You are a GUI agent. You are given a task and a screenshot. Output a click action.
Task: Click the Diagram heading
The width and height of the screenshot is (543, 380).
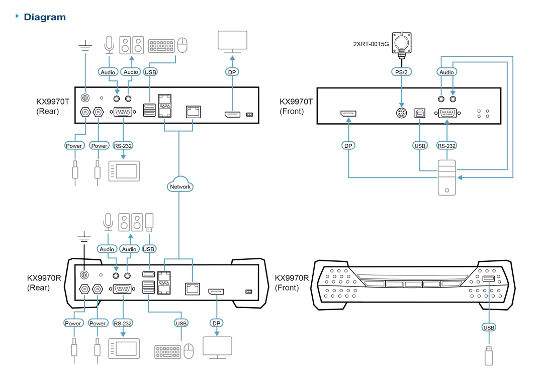coord(45,17)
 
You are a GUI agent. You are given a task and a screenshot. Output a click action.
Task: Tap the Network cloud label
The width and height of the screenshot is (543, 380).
coord(180,186)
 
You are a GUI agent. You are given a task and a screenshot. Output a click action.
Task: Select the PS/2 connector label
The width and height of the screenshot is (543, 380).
coord(401,72)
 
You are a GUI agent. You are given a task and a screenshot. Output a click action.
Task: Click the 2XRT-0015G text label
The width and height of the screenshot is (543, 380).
coord(371,44)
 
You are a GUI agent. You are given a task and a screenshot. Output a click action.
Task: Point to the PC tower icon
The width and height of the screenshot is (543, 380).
coord(447,177)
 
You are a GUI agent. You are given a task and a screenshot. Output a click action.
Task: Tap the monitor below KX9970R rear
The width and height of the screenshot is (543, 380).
coord(217,347)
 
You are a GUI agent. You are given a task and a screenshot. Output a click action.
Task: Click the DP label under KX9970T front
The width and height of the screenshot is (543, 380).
coord(348,146)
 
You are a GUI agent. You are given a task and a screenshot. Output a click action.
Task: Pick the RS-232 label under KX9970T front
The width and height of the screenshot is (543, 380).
coord(446,146)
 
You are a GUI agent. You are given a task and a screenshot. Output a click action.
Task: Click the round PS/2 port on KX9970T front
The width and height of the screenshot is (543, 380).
coord(401,113)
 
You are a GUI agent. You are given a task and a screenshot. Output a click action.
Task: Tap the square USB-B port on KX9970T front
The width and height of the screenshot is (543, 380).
coord(420,113)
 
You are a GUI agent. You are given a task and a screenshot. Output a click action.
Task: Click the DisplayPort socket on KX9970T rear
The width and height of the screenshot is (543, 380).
coord(232,114)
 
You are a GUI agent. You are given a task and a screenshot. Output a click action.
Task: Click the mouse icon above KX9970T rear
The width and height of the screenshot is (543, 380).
coord(183,45)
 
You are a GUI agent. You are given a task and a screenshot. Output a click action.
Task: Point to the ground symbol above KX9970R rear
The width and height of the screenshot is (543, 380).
coord(84,237)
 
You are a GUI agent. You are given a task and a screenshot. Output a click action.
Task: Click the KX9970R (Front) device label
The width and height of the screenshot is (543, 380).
coord(292,283)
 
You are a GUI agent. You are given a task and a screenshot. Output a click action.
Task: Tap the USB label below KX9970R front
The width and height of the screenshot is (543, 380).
coord(489,327)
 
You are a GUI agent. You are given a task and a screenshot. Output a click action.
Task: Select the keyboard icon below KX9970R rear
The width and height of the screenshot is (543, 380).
coord(167,352)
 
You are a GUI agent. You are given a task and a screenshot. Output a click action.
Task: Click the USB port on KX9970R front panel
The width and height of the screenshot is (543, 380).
coord(488,278)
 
